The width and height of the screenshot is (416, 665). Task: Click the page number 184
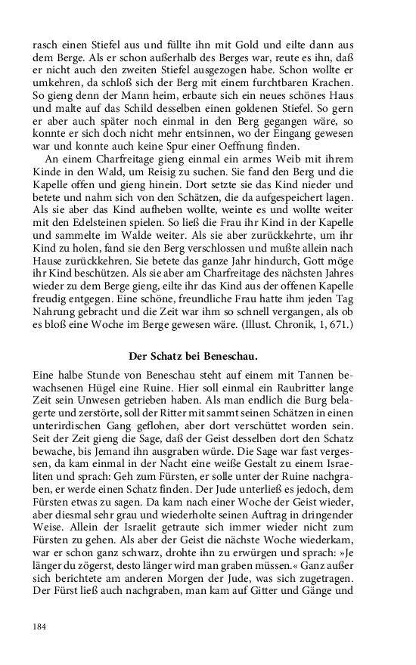tap(42, 626)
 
